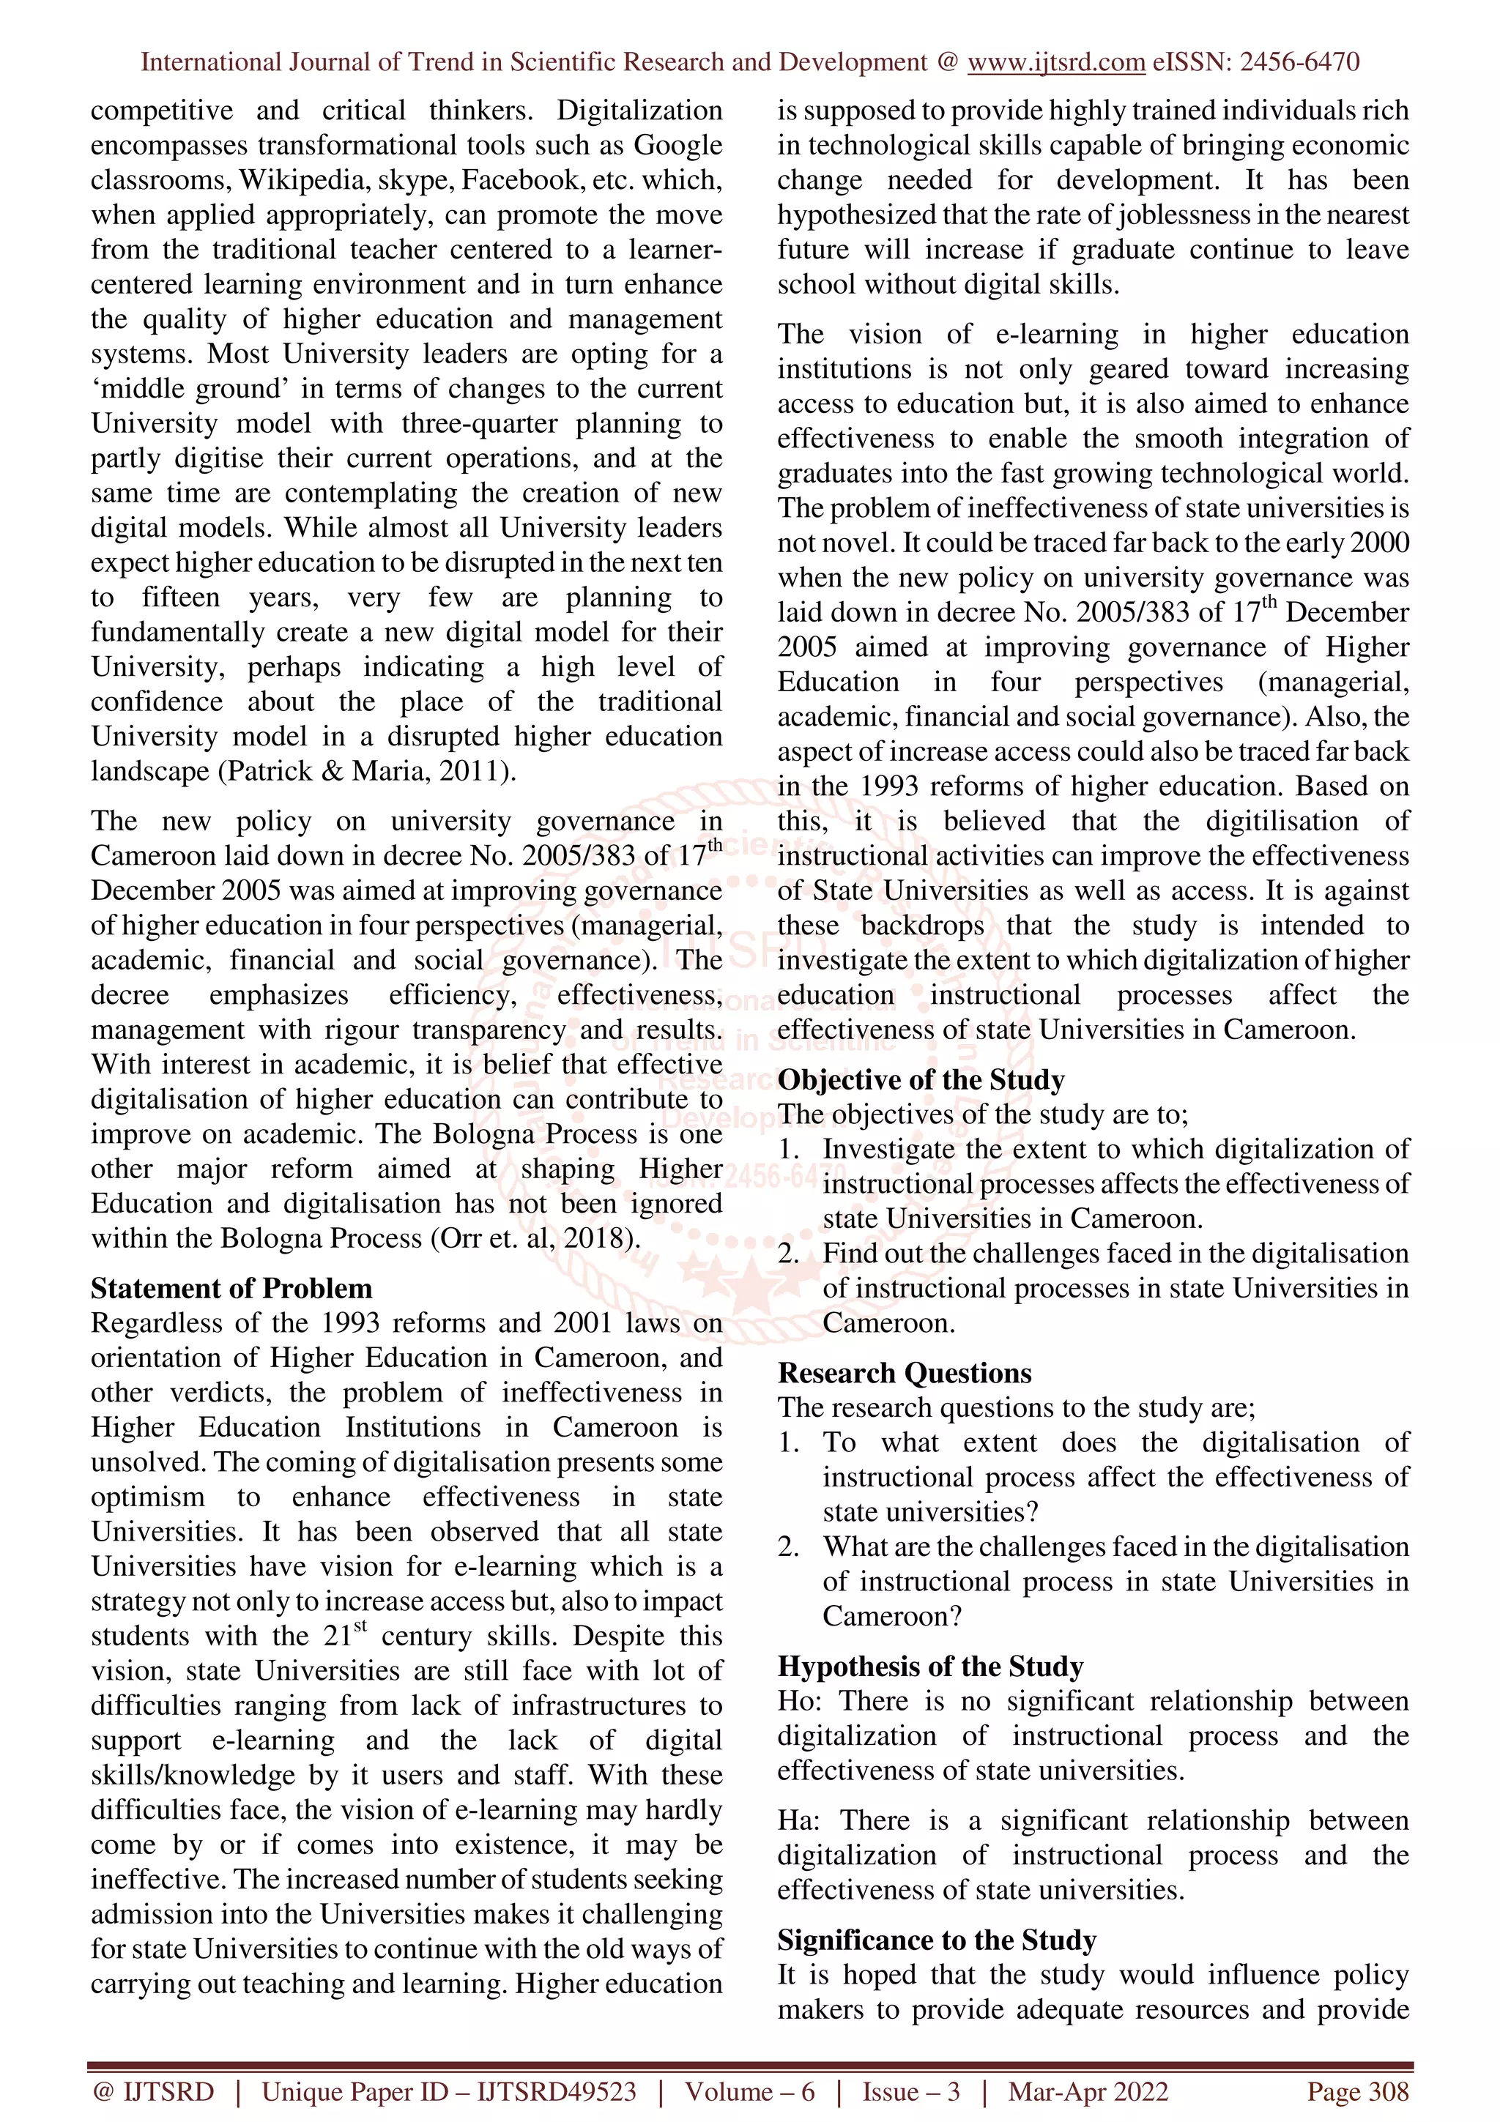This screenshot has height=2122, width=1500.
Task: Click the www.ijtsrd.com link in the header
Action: coord(1055,63)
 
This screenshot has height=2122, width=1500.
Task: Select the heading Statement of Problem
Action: coord(231,1289)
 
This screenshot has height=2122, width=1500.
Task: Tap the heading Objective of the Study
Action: coord(921,1079)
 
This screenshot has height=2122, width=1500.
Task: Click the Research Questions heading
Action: coord(904,1372)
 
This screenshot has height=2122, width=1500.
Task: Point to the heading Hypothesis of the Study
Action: coord(929,1667)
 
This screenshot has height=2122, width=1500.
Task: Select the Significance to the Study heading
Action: coord(936,1939)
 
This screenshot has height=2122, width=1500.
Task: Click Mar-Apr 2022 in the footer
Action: coord(1088,2091)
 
